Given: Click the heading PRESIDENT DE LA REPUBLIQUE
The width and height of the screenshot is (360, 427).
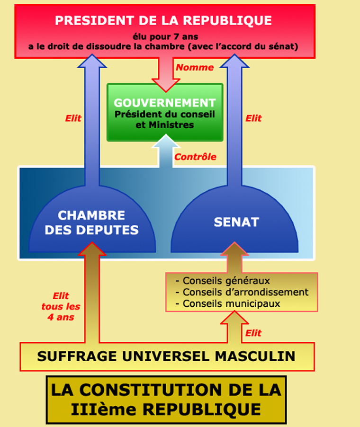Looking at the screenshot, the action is coord(163,20).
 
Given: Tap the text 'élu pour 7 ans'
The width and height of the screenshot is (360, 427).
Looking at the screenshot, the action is coord(165,36).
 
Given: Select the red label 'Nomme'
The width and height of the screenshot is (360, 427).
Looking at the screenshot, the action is coord(195,67).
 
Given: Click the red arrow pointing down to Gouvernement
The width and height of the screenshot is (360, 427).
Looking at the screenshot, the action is coord(166,73).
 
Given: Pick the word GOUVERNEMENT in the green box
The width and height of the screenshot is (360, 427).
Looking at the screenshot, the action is coord(165,103).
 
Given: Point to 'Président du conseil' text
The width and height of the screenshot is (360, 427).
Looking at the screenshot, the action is coord(164,114).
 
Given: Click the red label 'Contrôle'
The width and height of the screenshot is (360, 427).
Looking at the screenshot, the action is coord(196,157).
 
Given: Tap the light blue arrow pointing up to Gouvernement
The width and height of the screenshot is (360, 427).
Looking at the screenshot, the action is coord(166,151).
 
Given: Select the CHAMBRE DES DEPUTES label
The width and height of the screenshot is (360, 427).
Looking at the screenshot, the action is coord(91,222).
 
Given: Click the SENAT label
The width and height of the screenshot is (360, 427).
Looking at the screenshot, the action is coord(236,222).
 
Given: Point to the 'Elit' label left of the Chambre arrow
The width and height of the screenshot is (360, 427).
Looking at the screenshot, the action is coord(73,118).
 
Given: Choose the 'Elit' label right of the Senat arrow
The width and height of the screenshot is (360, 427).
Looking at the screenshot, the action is coord(253,118).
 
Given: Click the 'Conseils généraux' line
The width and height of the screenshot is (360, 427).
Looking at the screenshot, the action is coord(223,281).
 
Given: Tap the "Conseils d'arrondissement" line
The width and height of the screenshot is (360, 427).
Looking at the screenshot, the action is coord(242,292).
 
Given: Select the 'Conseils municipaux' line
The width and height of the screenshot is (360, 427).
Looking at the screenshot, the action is coord(228,303).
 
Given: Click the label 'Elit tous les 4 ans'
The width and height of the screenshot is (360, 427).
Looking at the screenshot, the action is coord(61,306).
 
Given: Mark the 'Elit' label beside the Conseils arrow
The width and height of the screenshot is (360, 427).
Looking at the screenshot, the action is coord(253,333).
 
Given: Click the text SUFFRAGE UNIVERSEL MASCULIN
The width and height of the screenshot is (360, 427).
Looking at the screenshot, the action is coord(166,356).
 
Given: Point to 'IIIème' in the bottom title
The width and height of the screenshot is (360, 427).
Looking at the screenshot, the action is coord(103,409).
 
